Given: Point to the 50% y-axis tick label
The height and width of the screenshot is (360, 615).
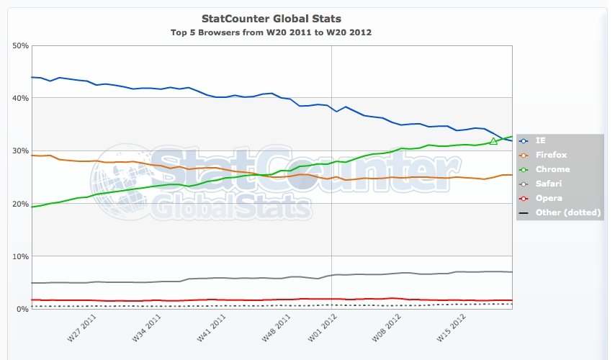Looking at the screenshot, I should [x=20, y=45].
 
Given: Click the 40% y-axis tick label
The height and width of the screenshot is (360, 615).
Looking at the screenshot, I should [x=20, y=98].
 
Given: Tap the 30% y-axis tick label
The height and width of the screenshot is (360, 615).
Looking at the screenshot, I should [x=20, y=150].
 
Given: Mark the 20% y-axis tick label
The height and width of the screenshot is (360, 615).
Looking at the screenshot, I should [x=20, y=204].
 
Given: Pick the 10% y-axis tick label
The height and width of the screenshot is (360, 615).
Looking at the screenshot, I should [x=20, y=256].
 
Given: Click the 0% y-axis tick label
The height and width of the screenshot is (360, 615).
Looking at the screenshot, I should [x=22, y=309].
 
